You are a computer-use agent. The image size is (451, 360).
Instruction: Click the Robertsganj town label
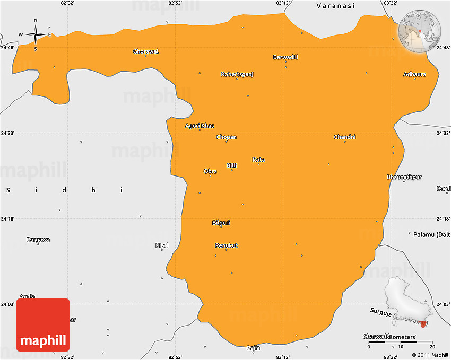tap(237, 74)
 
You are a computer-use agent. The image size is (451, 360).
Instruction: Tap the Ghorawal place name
tap(146, 51)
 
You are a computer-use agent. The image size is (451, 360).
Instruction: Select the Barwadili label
tap(285, 57)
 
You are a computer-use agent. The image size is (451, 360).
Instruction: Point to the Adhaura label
tap(414, 74)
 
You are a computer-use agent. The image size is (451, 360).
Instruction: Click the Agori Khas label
tap(200, 126)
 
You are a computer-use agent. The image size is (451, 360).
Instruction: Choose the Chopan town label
tap(227, 137)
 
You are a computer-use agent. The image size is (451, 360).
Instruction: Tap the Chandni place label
tap(345, 137)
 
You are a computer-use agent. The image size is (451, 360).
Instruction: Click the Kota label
tap(258, 160)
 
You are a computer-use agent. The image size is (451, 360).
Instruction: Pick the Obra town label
tap(210, 171)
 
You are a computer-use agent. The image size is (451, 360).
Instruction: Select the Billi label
tap(232, 165)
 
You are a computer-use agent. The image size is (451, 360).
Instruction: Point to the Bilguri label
tap(221, 223)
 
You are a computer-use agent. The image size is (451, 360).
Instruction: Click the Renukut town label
tap(227, 245)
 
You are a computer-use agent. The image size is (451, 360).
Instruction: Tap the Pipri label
tap(162, 245)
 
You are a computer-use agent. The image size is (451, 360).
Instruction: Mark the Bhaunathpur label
tap(404, 177)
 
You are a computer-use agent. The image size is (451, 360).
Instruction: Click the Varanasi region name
tap(335, 6)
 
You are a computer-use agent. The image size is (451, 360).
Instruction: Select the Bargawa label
tap(38, 240)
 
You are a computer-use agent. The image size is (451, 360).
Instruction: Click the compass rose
tap(36, 34)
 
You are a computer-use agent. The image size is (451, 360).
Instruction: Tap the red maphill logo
tap(43, 324)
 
